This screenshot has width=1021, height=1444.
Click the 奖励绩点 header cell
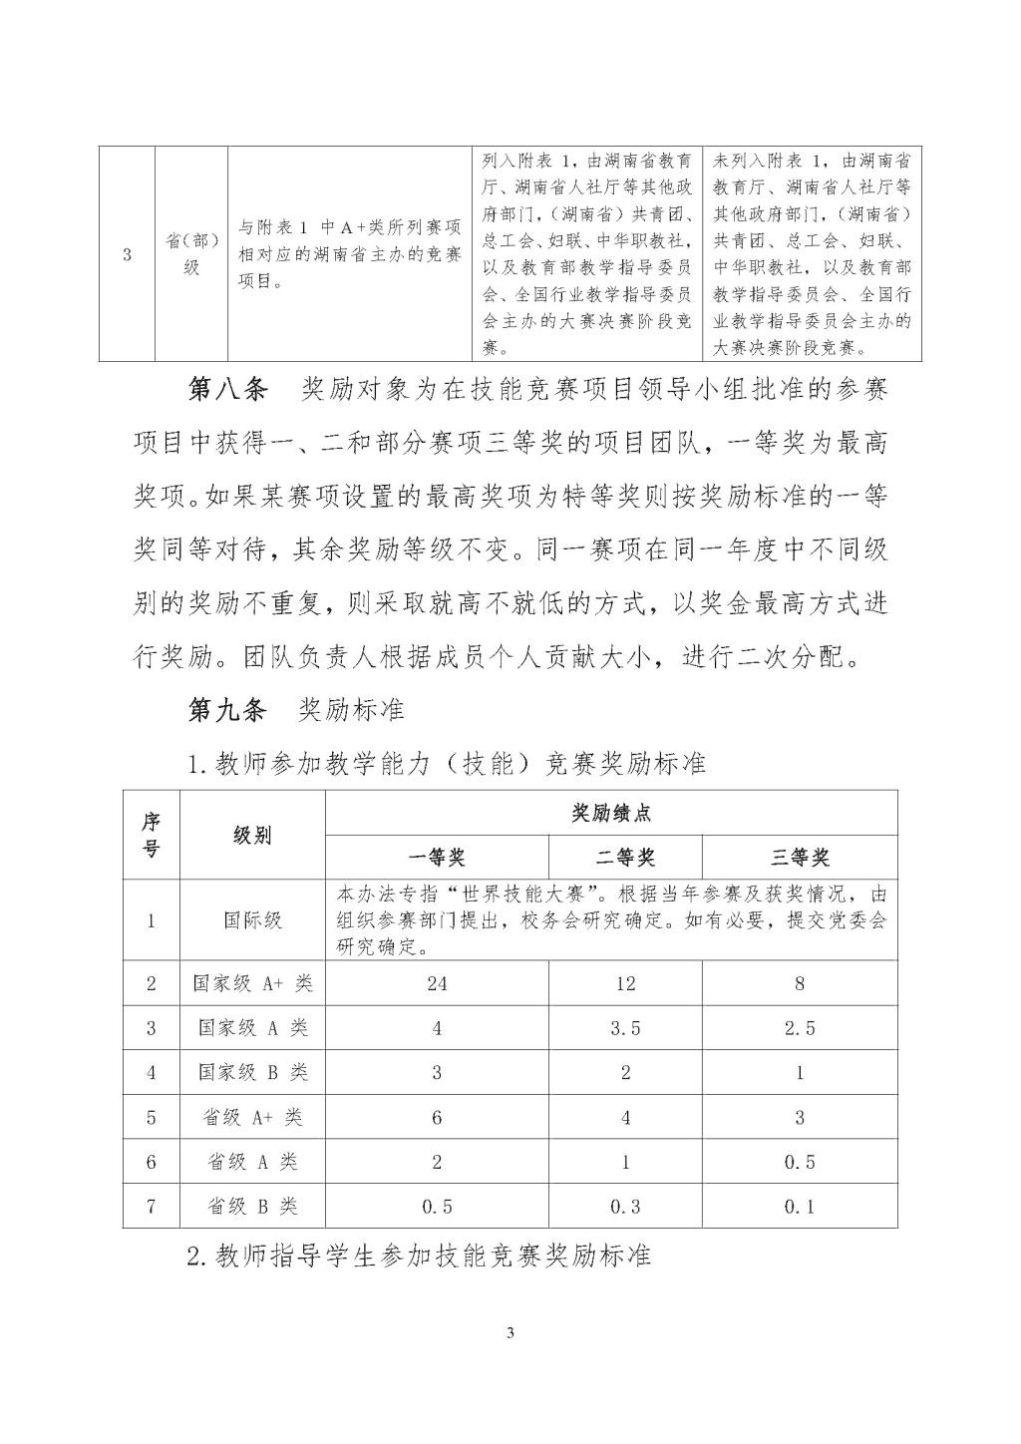[611, 813]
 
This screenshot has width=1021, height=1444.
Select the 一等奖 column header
[437, 858]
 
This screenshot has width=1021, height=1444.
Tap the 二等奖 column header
[625, 858]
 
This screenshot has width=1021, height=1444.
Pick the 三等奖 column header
[800, 858]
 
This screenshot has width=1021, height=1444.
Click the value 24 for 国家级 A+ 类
[437, 983]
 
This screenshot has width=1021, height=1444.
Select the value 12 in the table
[625, 983]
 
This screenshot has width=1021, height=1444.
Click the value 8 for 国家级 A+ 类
[800, 983]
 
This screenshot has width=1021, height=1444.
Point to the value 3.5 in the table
[625, 1028]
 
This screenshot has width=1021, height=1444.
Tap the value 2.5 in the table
[800, 1028]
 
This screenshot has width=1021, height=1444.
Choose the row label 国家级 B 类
[252, 1073]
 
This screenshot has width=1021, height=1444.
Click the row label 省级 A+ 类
[252, 1117]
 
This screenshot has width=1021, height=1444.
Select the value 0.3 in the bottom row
[625, 1207]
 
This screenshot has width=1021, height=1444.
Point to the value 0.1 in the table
[800, 1207]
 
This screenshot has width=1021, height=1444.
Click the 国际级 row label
[252, 919]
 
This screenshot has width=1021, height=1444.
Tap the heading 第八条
[227, 390]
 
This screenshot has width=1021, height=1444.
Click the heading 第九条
[227, 710]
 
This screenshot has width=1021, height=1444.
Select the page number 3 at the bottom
[510, 1332]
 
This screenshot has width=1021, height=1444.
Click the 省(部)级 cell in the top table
[191, 254]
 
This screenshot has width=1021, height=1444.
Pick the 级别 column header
[252, 836]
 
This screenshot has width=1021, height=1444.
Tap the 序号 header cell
[152, 836]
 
